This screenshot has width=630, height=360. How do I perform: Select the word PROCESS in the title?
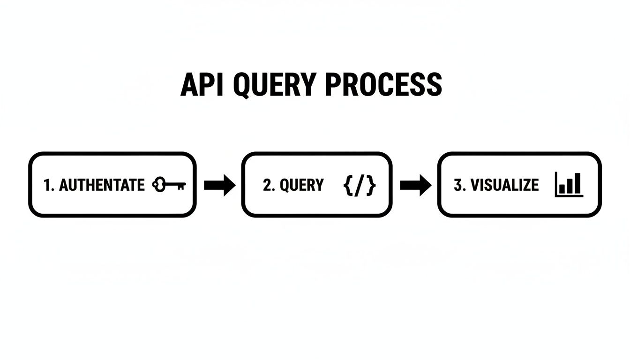pyautogui.click(x=382, y=85)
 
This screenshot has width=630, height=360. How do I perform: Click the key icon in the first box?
pyautogui.click(x=169, y=185)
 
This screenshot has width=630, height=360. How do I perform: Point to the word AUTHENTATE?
pyautogui.click(x=102, y=185)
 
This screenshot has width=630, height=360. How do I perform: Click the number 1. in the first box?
pyautogui.click(x=49, y=185)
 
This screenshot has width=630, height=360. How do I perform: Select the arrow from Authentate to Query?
pyautogui.click(x=219, y=185)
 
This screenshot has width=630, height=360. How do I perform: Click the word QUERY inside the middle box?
pyautogui.click(x=301, y=185)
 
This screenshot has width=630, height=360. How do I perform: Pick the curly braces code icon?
pyautogui.click(x=360, y=185)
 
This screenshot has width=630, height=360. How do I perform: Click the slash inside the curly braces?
pyautogui.click(x=360, y=185)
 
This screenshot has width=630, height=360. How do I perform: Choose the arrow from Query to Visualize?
pyautogui.click(x=415, y=185)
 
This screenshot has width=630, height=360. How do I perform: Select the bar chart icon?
pyautogui.click(x=569, y=184)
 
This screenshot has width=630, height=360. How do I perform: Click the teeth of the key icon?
pyautogui.click(x=180, y=187)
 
